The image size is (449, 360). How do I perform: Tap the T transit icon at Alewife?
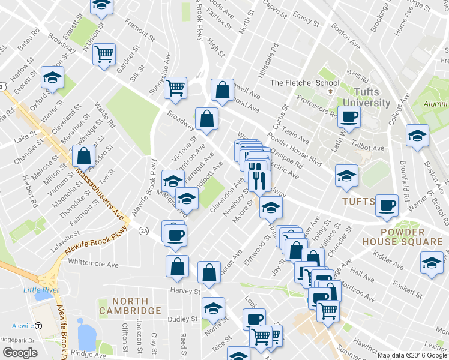[38, 326]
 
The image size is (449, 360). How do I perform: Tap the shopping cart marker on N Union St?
[104, 54]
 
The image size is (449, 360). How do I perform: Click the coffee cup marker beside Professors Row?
[348, 115]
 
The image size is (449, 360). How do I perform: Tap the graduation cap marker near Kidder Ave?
[432, 262]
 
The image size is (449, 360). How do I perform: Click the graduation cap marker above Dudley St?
[212, 308]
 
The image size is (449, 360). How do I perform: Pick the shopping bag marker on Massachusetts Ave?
[83, 156]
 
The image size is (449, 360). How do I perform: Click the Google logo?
[20, 353]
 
